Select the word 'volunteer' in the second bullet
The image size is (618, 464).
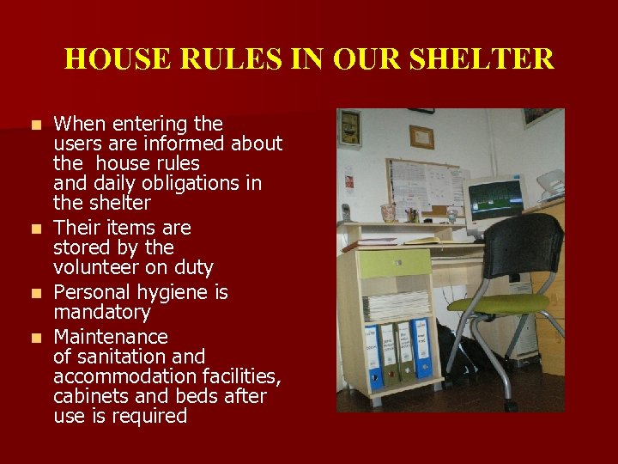(x=95, y=268)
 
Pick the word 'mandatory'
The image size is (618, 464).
(x=101, y=312)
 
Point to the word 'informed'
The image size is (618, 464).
(x=203, y=143)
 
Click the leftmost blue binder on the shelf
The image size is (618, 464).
(x=373, y=356)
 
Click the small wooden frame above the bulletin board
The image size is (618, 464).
(x=421, y=137)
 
